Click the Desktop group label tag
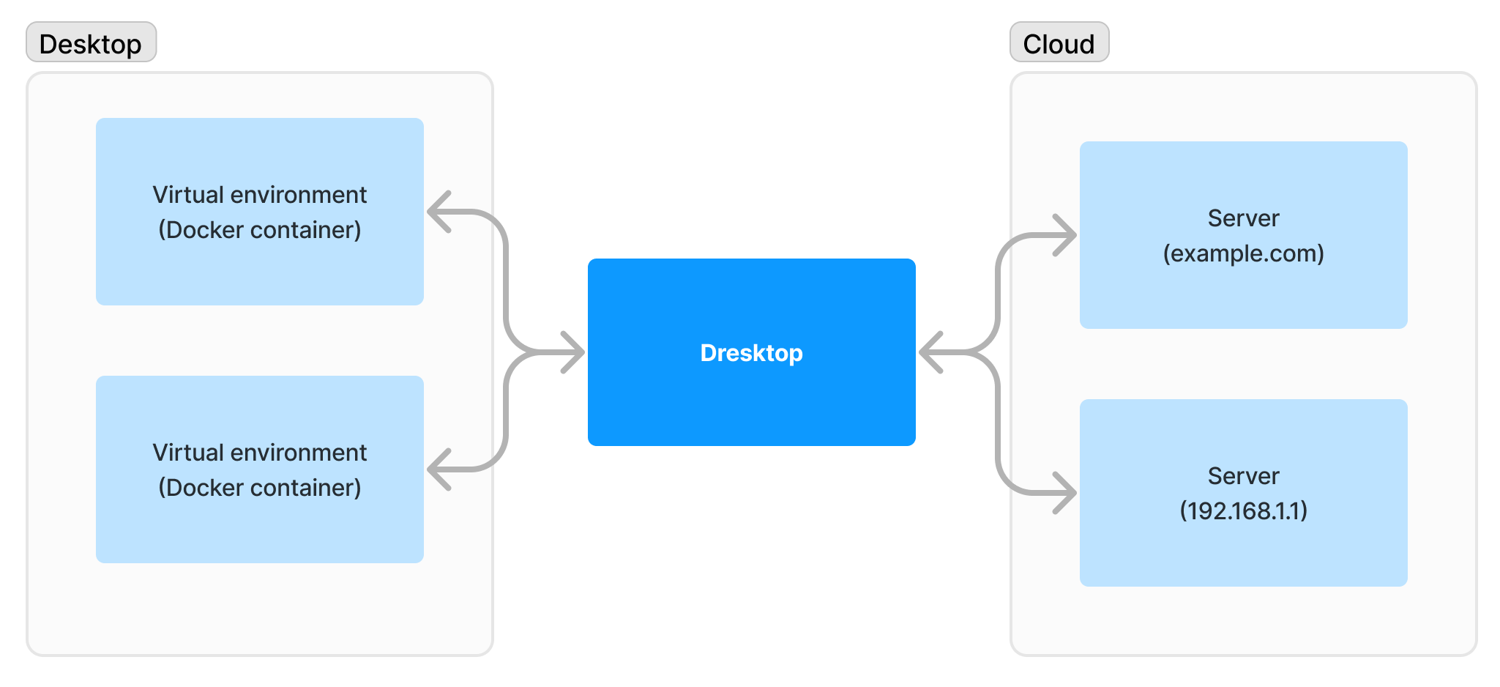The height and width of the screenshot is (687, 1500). [x=91, y=43]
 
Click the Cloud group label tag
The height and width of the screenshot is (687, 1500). [x=1059, y=43]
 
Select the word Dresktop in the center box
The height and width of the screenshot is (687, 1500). [x=751, y=353]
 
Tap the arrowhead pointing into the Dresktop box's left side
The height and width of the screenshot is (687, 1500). [x=574, y=352]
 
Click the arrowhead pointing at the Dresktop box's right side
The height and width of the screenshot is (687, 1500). [x=930, y=352]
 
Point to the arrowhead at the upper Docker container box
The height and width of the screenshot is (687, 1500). [x=439, y=212]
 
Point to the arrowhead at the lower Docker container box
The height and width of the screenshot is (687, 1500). [x=439, y=469]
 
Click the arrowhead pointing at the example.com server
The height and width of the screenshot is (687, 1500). [x=1065, y=235]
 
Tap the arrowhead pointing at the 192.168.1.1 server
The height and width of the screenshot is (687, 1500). [x=1065, y=493]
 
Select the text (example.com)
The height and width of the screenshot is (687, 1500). [x=1243, y=253]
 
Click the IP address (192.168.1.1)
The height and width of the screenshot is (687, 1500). [x=1243, y=510]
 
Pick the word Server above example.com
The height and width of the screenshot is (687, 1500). [x=1243, y=218]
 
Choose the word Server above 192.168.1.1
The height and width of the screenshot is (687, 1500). [x=1243, y=476]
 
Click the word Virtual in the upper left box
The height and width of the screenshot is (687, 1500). [x=187, y=195]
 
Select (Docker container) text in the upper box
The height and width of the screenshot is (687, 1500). [x=259, y=230]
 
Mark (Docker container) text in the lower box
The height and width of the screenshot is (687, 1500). [x=259, y=488]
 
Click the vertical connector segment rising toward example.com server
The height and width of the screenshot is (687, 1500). [x=998, y=293]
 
